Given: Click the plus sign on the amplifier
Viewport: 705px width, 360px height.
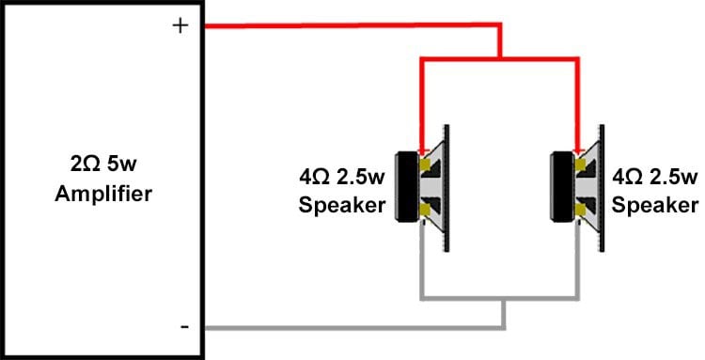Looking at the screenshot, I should click(x=181, y=26).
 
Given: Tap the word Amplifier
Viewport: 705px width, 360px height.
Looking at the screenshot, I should click(x=103, y=196).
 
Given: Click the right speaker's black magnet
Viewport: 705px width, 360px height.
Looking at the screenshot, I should click(x=559, y=186).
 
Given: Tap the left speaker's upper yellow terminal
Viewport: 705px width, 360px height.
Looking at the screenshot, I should click(x=427, y=167).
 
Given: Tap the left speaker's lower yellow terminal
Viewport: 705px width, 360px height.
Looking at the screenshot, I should click(x=427, y=208).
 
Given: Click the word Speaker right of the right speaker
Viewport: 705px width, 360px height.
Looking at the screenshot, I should click(x=655, y=205).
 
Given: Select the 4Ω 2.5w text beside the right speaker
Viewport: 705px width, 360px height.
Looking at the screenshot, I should click(x=655, y=177).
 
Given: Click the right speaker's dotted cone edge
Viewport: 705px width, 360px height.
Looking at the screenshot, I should click(x=605, y=186).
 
